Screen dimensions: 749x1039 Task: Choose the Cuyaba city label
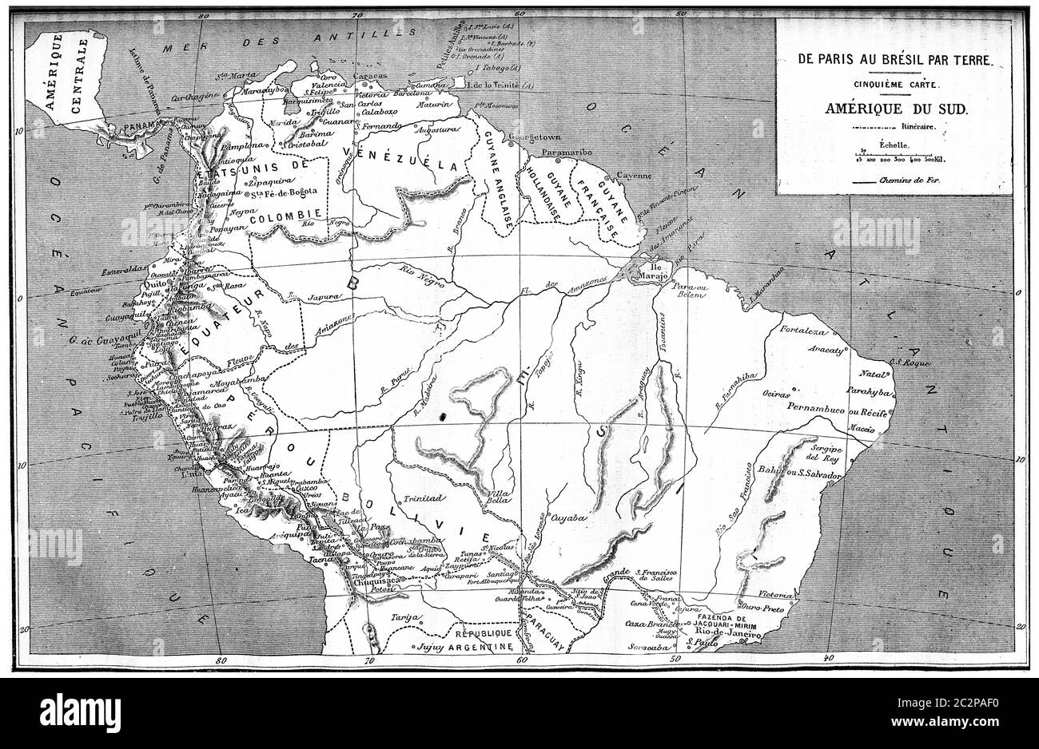(x=570, y=517)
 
